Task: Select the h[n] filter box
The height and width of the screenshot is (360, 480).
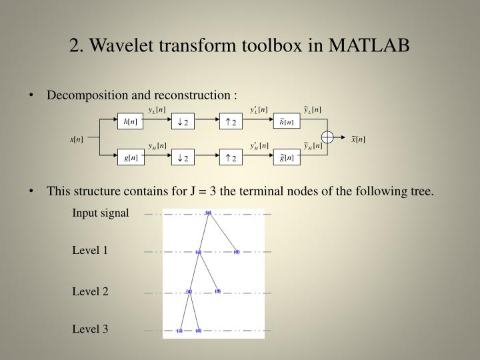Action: click(x=129, y=121)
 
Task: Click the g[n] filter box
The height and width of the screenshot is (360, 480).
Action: click(x=129, y=158)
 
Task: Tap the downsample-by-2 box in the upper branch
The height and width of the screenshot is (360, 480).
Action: click(x=181, y=121)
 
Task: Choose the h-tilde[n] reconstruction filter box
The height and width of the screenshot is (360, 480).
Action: click(x=286, y=121)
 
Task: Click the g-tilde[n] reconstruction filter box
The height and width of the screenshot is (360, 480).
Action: click(x=286, y=158)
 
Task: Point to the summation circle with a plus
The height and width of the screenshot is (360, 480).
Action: click(x=327, y=139)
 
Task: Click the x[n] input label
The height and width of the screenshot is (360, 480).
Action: click(x=77, y=139)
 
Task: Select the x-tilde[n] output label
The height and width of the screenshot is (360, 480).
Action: click(x=359, y=139)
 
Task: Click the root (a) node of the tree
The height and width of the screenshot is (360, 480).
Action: click(x=208, y=213)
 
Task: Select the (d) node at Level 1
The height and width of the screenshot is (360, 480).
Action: click(x=237, y=252)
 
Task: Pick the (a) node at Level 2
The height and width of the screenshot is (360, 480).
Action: click(x=189, y=291)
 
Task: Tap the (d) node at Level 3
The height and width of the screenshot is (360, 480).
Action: click(x=199, y=331)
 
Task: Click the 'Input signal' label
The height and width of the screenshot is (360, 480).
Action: click(x=100, y=213)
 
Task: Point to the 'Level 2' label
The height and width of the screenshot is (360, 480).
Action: click(x=90, y=291)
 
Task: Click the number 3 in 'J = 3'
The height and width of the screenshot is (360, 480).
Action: click(x=212, y=192)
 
